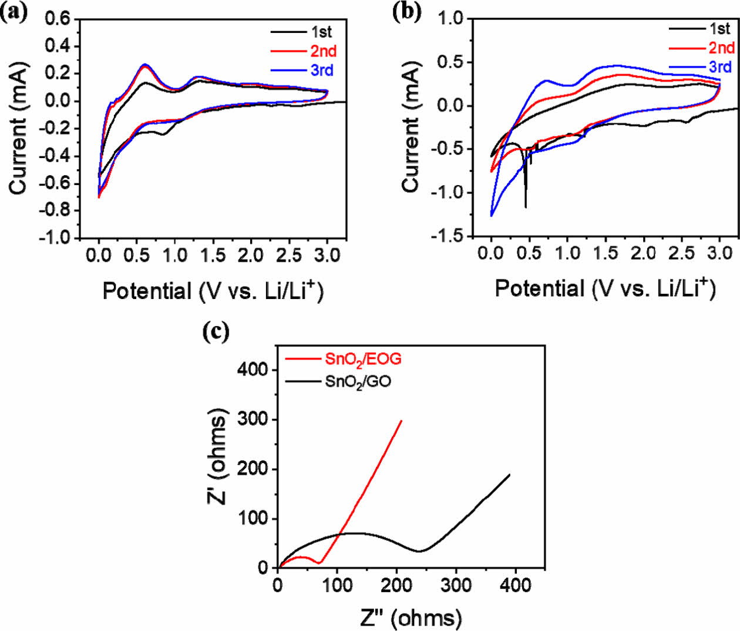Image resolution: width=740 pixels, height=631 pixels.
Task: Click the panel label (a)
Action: tap(14, 12)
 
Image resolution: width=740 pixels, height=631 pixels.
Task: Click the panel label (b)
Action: tap(406, 12)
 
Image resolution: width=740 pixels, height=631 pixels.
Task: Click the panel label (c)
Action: tap(215, 332)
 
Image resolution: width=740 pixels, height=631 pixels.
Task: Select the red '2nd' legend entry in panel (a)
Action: tap(323, 51)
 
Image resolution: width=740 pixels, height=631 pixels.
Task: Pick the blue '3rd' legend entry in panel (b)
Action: tap(720, 66)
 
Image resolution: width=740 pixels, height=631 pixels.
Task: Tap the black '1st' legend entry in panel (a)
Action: tap(321, 32)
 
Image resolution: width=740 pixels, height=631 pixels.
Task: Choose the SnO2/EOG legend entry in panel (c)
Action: tap(363, 358)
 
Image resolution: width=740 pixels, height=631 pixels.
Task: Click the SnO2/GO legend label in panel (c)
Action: tap(358, 382)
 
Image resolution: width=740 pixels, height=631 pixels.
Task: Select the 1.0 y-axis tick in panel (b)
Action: tap(452, 19)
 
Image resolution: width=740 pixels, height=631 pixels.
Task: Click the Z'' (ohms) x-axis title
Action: tap(411, 617)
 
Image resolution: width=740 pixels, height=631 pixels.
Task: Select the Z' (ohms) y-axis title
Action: tap(217, 458)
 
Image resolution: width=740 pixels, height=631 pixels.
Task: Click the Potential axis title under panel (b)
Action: tap(605, 288)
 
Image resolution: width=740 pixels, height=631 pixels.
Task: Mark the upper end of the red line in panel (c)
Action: tap(402, 420)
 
